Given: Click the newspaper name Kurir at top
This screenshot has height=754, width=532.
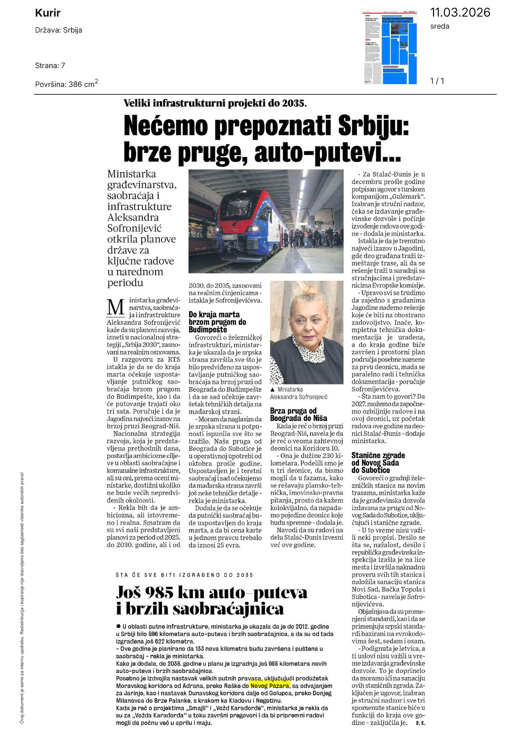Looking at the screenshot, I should point(47,14).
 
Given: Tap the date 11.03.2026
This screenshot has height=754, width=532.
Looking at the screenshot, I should point(460,13).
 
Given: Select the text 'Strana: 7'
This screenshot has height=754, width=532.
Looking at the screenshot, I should point(50,66).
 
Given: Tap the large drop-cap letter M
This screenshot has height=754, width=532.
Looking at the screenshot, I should point(115,307).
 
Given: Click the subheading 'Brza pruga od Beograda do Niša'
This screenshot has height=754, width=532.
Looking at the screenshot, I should point(298,414).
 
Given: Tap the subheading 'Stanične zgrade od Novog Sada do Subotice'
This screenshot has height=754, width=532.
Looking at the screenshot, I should point(378,463).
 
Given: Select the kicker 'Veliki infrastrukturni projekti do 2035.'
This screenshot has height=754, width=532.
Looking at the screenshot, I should point(215,104).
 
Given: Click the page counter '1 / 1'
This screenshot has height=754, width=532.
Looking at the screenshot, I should point(437,81).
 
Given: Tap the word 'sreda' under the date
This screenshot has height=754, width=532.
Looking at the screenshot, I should point(440,27).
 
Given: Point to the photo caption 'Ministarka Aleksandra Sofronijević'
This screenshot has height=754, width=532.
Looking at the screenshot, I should point(298,393).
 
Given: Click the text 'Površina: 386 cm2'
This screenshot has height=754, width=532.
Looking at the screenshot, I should point(67,84).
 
